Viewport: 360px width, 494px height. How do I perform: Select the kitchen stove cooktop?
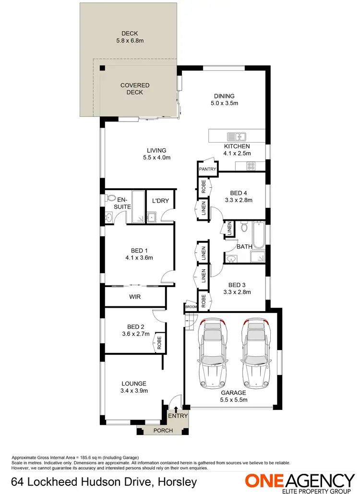pos(251,166)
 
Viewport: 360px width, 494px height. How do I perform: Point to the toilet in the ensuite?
pos(110,197)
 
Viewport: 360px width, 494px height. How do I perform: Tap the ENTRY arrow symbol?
pos(176,409)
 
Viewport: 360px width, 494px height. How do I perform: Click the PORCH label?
pos(163,431)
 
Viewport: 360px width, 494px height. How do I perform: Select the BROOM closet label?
pos(191,307)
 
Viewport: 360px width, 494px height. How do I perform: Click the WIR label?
pos(135,297)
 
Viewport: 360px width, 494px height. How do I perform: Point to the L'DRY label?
pos(160,201)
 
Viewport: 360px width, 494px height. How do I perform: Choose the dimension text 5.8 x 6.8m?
pos(130,41)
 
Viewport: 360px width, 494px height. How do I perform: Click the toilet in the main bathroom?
pos(244,227)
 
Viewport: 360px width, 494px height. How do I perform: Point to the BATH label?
pos(244,247)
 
